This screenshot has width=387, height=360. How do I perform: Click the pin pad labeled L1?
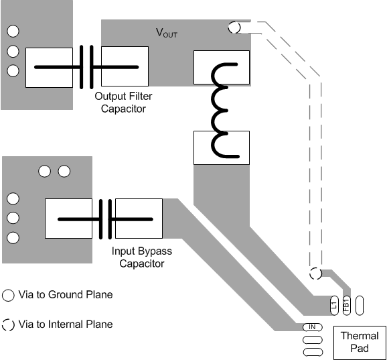point(334,304)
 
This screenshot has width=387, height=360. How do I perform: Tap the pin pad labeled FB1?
point(346,304)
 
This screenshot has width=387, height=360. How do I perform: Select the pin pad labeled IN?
point(311,326)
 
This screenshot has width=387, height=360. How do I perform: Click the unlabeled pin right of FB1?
point(359,304)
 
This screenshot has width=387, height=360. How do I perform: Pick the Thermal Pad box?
point(360,341)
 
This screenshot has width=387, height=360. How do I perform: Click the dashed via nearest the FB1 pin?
point(315,274)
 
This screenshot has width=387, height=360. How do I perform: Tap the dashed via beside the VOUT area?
point(234,27)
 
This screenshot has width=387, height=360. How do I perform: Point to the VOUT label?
point(167,32)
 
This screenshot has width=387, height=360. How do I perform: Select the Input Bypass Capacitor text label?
point(141,257)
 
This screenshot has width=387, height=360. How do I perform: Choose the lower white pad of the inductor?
point(221,147)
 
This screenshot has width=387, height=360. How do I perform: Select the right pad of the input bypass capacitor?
point(139,218)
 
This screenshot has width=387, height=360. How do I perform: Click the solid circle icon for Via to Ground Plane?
point(9,295)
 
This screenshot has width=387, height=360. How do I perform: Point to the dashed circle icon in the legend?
point(9,324)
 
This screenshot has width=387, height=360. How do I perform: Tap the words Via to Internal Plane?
point(66,324)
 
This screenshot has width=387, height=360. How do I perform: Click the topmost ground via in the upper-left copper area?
point(11,31)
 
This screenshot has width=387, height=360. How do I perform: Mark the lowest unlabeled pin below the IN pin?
point(311,351)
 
